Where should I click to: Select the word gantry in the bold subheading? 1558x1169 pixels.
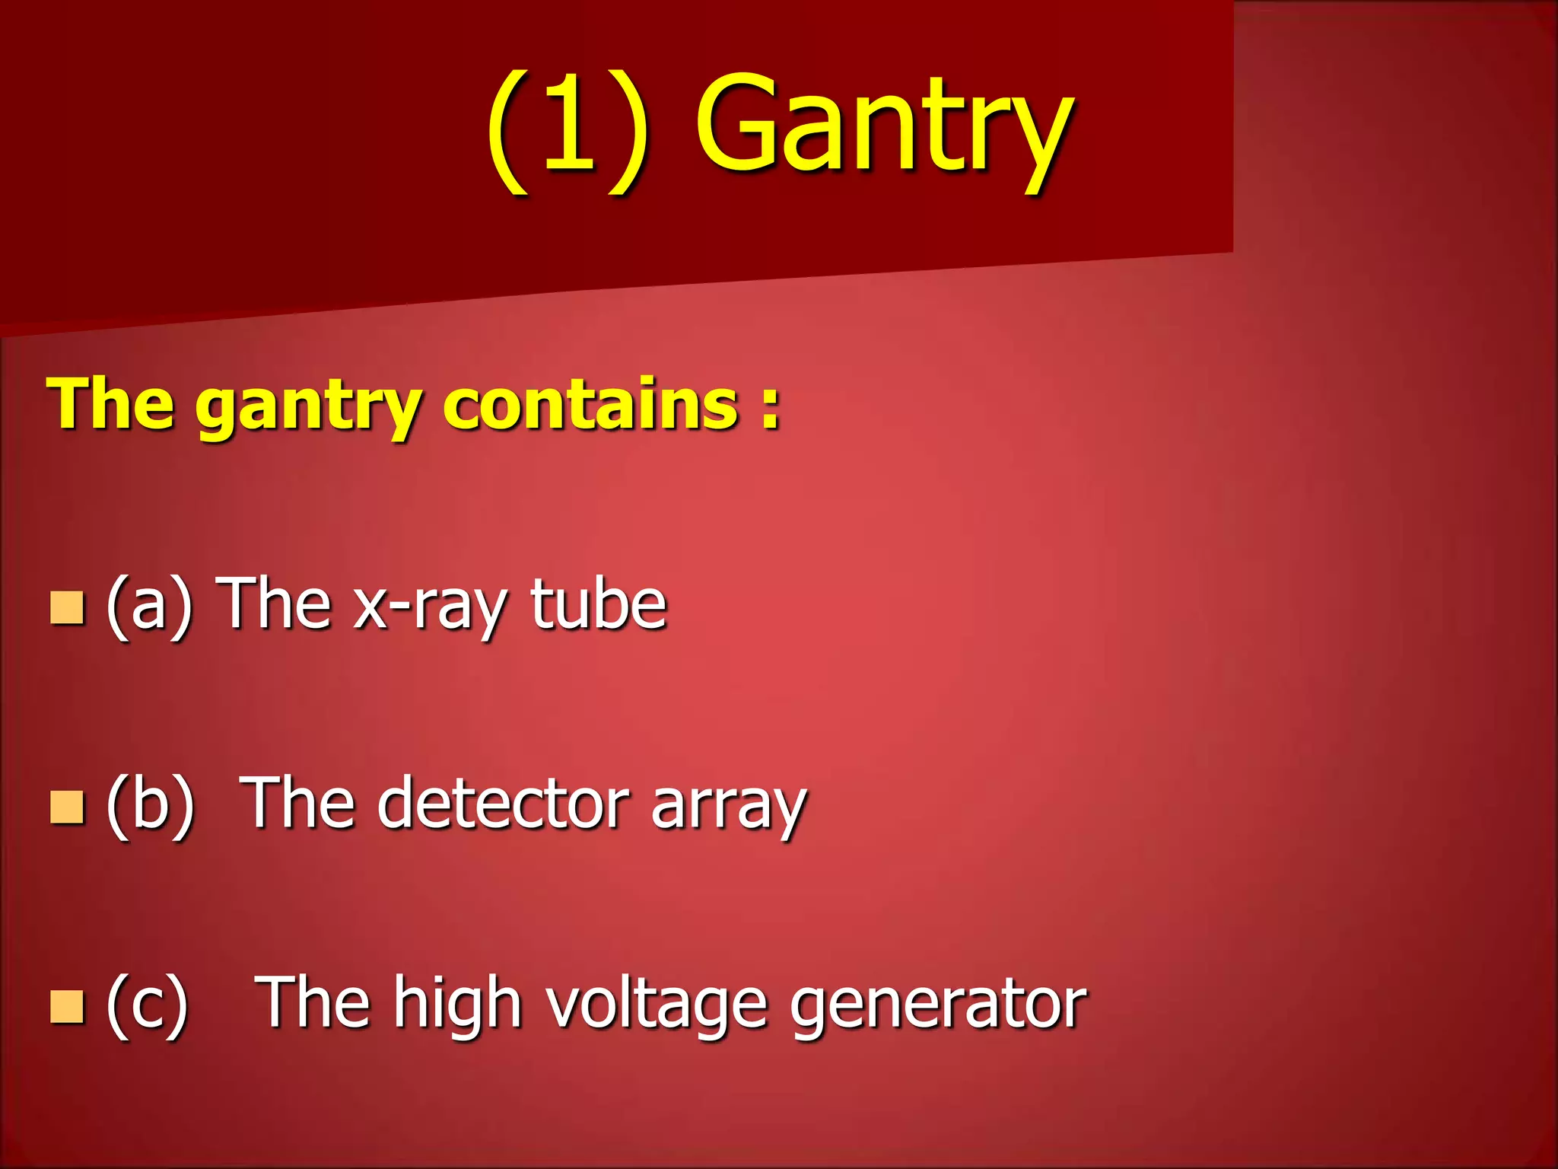308,407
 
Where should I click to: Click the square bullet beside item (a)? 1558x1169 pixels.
66,608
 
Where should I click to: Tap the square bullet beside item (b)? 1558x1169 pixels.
66,807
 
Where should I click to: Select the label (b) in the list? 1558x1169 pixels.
151,805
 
